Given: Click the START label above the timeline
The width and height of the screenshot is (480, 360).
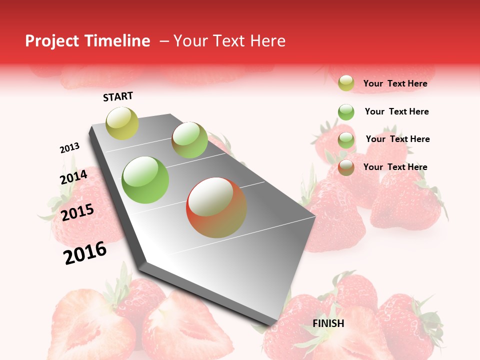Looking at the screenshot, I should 118,96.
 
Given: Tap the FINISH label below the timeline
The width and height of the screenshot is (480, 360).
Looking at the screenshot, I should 328,323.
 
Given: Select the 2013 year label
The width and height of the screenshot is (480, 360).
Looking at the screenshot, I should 69,148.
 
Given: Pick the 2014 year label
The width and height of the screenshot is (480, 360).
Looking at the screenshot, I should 73,177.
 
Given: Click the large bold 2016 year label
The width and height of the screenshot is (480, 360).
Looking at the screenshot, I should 85,253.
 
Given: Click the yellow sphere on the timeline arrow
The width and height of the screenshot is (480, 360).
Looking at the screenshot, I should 122,123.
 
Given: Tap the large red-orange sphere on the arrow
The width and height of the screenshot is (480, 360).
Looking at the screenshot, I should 216,207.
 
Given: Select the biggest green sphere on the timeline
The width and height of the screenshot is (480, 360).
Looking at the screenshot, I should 145,180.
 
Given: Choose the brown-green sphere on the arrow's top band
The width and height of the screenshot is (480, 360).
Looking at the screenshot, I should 189,140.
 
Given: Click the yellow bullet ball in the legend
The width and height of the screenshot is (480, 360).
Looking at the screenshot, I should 346,83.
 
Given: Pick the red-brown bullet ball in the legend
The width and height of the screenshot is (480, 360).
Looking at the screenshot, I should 346,167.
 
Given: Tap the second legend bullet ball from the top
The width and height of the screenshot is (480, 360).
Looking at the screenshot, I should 346,112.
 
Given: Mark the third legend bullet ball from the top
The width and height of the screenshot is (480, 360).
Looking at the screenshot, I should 346,140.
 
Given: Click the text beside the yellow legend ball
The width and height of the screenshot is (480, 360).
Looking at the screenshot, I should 395,84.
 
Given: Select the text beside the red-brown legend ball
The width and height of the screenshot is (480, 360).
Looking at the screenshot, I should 395,167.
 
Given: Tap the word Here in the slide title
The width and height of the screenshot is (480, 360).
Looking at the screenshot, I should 267,41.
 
